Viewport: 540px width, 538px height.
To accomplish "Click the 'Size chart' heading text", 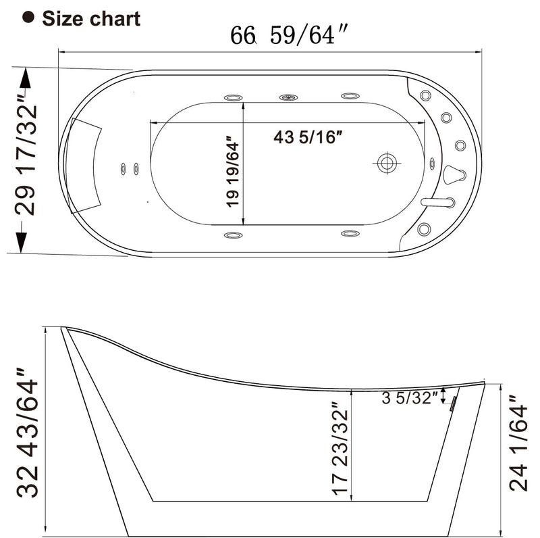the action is (x=91, y=18).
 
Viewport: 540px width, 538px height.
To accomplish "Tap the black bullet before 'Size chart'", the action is (x=28, y=18).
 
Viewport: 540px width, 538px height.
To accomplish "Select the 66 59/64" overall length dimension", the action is (x=283, y=35).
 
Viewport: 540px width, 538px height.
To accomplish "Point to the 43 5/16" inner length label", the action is (x=308, y=137).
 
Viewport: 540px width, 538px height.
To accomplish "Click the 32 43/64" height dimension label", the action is (x=27, y=433).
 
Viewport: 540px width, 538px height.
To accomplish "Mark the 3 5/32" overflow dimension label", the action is (x=410, y=398).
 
